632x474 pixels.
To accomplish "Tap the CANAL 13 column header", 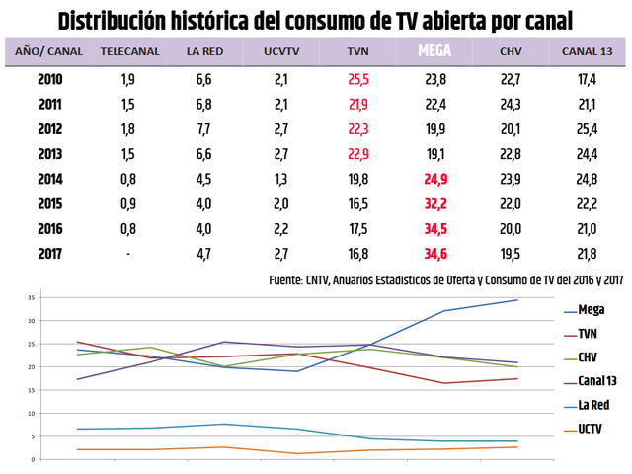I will (x=589, y=50).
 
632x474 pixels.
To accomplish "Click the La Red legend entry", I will (x=594, y=404).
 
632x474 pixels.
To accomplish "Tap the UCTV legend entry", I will (x=592, y=428).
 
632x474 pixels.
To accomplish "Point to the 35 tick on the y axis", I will (x=33, y=297).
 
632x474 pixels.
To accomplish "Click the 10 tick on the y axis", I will (x=33, y=414).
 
